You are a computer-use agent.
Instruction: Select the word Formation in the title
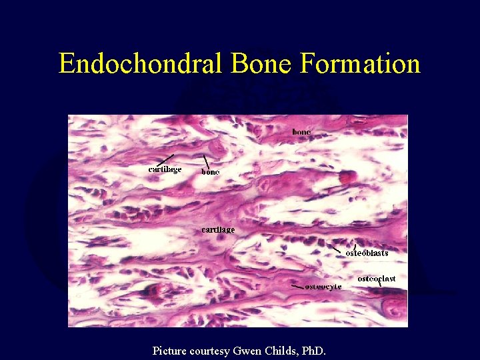(x=361, y=64)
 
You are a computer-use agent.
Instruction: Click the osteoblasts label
(x=367, y=253)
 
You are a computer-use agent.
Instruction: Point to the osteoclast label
(x=377, y=279)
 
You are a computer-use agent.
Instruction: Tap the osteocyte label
(x=323, y=287)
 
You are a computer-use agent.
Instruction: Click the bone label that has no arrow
(x=301, y=132)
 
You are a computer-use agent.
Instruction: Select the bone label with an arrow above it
(x=211, y=172)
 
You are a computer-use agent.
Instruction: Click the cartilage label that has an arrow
(x=165, y=169)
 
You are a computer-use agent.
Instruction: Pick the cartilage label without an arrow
(x=218, y=229)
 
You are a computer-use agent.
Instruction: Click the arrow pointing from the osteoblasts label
(x=338, y=247)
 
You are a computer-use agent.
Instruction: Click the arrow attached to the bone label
(x=206, y=161)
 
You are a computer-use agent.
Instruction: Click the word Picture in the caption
(x=171, y=350)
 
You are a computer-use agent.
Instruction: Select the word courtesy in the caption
(x=211, y=351)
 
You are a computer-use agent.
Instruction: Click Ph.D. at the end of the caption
(x=313, y=350)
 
